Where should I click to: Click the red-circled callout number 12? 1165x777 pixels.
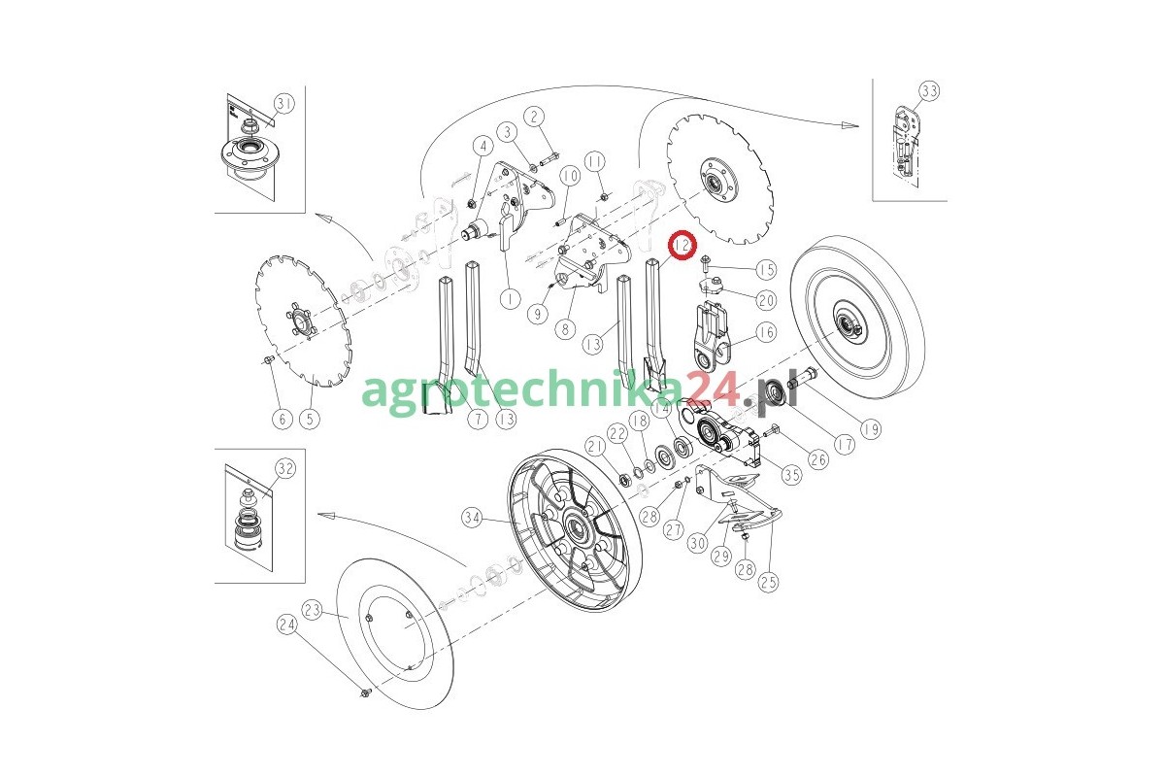point(682,245)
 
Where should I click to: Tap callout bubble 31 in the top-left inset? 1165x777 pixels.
point(283,104)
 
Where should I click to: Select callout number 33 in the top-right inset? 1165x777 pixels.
point(929,91)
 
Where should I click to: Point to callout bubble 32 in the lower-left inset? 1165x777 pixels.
point(285,469)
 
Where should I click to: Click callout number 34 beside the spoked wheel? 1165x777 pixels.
point(472,518)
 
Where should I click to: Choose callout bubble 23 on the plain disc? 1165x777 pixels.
point(312,610)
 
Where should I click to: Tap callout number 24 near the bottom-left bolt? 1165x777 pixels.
point(287,625)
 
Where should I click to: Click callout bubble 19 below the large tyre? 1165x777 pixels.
point(871,428)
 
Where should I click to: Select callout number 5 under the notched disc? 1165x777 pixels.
point(310,419)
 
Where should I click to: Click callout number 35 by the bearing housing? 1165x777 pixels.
point(792,475)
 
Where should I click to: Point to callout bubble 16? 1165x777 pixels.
point(766,332)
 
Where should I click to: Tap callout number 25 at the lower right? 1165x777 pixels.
point(769,582)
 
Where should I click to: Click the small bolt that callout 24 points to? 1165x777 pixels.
point(365,693)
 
